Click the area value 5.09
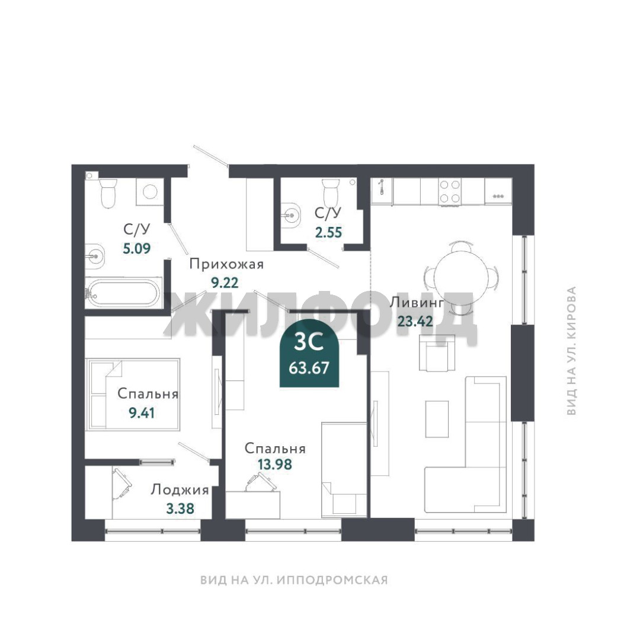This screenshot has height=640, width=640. click(x=137, y=248)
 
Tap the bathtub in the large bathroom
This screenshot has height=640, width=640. click(x=124, y=292)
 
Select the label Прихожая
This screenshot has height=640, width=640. click(x=226, y=264)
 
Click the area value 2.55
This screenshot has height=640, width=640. click(x=328, y=232)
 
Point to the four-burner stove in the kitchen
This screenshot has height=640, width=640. click(x=450, y=191)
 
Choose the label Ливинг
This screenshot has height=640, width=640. click(x=417, y=303)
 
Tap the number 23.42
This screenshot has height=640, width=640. click(x=415, y=322)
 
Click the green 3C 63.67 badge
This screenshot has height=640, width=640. click(x=309, y=355)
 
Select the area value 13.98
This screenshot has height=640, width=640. click(x=275, y=464)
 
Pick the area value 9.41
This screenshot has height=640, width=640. click(x=142, y=413)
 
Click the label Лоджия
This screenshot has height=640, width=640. click(x=180, y=490)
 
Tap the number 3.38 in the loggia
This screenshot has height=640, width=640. click(x=180, y=508)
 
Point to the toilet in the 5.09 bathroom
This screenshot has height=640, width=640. click(x=108, y=193)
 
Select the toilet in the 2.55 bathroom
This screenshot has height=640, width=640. click(x=331, y=193)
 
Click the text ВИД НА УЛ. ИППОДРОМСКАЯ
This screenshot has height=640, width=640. click(x=294, y=580)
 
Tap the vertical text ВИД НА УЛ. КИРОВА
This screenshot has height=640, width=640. click(x=571, y=351)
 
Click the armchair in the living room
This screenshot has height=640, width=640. click(x=437, y=353)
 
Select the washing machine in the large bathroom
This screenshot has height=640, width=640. click(x=150, y=191)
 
